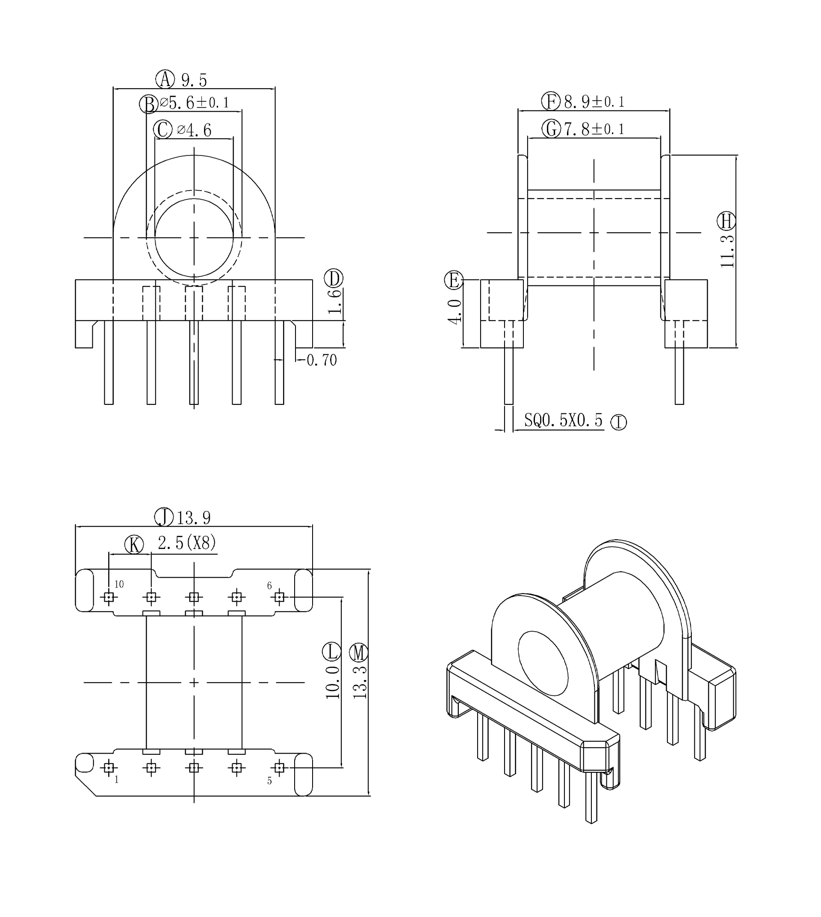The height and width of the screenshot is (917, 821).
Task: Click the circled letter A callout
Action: coord(165,79)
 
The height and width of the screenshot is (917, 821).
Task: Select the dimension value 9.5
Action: coord(194,80)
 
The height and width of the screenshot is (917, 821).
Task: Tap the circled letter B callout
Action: coord(148,104)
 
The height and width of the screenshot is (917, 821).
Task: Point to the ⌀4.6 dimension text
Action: coord(195,131)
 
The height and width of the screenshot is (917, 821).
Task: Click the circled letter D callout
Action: coord(334,278)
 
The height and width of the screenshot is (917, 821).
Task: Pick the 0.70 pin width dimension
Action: coord(322,360)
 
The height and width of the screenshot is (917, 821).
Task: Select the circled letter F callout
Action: coord(550,101)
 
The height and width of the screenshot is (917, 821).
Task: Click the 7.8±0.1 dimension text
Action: coord(594,130)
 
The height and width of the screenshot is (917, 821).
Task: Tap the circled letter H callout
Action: coord(726,221)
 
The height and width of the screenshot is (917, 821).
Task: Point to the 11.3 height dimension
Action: coord(727,251)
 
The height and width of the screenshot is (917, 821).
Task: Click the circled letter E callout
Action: coord(453,280)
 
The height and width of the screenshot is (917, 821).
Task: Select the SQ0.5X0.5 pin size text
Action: coord(563,420)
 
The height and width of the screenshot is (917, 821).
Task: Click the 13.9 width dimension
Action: coord(194,518)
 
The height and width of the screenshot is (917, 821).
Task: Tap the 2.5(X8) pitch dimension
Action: coord(187,543)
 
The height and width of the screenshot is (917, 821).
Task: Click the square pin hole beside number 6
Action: coord(279,597)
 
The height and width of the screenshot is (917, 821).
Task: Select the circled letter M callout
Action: coord(359,653)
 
